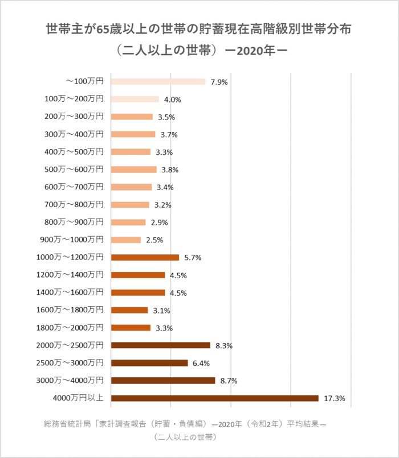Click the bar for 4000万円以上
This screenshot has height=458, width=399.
coord(214,398)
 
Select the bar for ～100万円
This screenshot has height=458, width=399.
coord(158,81)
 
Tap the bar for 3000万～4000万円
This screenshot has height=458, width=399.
coord(163,381)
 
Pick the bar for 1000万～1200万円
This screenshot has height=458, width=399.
coord(145,257)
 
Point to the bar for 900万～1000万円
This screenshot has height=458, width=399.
coord(126,240)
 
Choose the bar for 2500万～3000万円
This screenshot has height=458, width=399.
coord(149,363)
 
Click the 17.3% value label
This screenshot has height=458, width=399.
coord(335,398)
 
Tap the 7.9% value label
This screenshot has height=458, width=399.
coord(219,82)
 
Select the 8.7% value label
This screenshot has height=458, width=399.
coord(229,381)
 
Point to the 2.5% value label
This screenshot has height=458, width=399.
coord(154,240)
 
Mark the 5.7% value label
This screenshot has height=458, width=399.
coord(193,258)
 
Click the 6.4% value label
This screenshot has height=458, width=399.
coord(202,363)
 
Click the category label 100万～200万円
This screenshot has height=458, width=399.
coord(74,99)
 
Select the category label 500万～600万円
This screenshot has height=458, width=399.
coord(74,170)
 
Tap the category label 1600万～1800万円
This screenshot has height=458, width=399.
coord(70,310)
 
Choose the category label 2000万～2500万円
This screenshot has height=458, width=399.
coord(70,345)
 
